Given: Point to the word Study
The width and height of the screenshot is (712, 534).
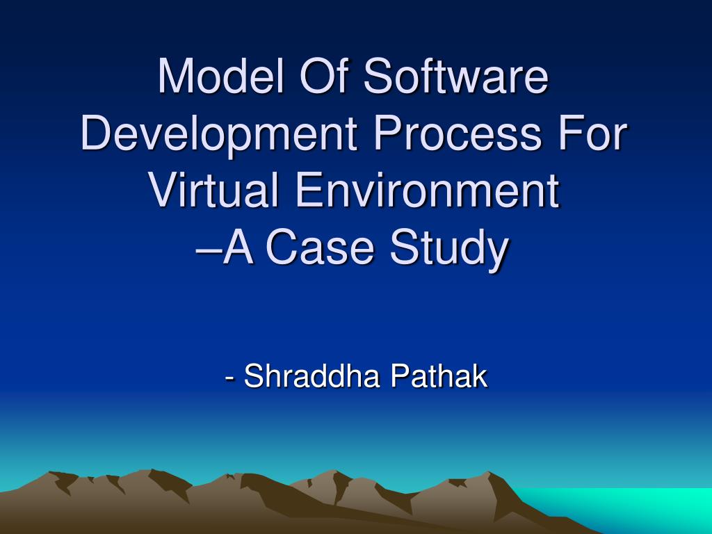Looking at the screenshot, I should [x=446, y=249].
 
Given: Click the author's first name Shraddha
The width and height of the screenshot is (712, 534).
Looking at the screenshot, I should [x=313, y=377].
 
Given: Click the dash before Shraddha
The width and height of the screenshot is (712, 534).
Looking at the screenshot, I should [x=229, y=379].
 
